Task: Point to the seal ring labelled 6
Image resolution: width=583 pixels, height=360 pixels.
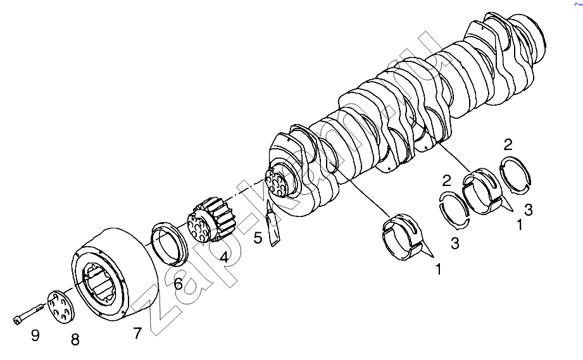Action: point(169,244)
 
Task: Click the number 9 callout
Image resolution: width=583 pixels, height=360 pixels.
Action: point(35,336)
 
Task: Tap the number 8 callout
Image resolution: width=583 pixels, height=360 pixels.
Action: point(75,340)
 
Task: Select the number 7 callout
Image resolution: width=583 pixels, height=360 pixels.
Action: point(137,333)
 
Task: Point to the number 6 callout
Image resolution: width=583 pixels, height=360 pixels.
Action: point(179,284)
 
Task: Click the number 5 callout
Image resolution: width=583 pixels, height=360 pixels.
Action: point(258,238)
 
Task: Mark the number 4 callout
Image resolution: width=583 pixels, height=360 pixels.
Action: point(224,257)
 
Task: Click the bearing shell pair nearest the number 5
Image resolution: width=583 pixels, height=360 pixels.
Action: point(404,236)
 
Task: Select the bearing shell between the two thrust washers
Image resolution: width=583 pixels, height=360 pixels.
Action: point(482,191)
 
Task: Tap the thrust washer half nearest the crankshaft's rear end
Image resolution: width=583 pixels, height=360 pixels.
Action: point(515,175)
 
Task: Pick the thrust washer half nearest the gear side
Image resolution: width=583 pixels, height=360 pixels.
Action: point(454,210)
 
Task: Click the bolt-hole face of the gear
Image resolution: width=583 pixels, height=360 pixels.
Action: point(198,227)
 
